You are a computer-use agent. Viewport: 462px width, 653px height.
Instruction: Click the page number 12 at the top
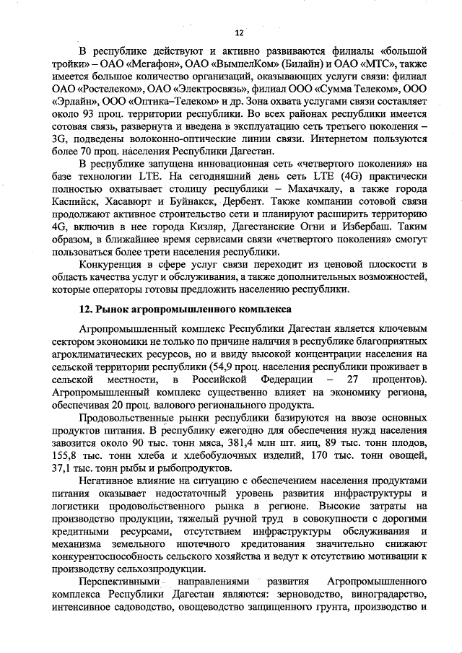click(240, 33)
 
